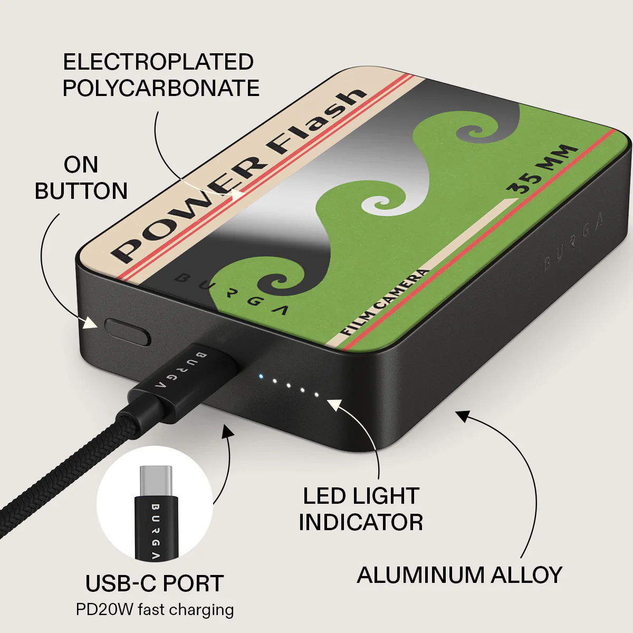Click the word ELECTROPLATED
pyautogui.click(x=158, y=62)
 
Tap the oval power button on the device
pyautogui.click(x=128, y=332)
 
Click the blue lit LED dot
pyautogui.click(x=261, y=376)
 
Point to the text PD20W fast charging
pyautogui.click(x=155, y=610)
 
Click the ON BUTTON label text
pyautogui.click(x=81, y=178)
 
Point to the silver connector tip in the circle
pyautogui.click(x=156, y=482)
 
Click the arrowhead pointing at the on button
pyautogui.click(x=91, y=323)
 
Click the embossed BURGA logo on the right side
pyautogui.click(x=573, y=243)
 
